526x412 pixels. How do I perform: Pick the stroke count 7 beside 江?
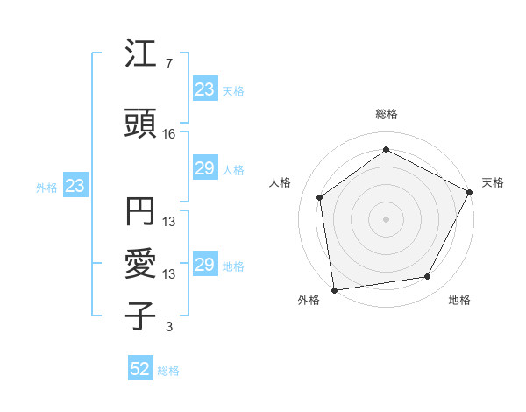(168, 64)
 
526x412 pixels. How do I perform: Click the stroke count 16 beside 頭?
(169, 134)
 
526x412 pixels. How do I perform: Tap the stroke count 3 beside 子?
(168, 327)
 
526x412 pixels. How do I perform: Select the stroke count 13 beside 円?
(169, 222)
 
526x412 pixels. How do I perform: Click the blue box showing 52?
(140, 369)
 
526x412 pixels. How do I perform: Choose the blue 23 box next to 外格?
(75, 186)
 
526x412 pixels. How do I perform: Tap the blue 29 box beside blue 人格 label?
(204, 168)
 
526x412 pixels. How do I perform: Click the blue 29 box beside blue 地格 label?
(204, 265)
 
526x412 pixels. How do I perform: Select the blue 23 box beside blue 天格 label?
(204, 89)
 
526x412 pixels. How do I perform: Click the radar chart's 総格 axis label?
(386, 114)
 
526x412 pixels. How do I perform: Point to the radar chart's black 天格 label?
(493, 182)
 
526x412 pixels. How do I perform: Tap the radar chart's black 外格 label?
(309, 300)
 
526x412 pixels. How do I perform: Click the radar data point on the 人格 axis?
(320, 197)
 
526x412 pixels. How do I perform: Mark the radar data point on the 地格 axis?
(428, 277)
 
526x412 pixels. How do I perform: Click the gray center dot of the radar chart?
(386, 218)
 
